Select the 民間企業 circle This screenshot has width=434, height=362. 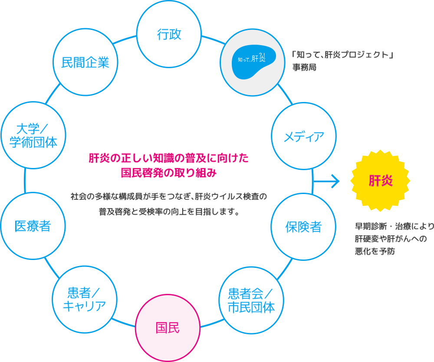(85, 63)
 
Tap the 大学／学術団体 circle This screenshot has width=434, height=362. (33, 135)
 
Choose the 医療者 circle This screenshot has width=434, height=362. (33, 226)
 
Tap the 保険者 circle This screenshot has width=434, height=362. (304, 227)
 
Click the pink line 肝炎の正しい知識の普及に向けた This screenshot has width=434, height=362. (169, 158)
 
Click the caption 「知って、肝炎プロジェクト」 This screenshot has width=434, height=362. (339, 55)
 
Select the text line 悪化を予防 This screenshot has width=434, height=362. (375, 251)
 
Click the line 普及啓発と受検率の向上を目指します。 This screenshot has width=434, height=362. (169, 213)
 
